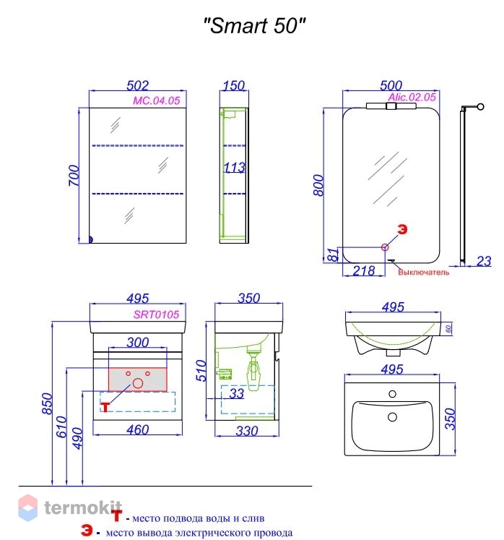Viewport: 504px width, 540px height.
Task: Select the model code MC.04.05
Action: pos(156,100)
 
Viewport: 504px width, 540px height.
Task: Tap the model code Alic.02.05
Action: pos(412,97)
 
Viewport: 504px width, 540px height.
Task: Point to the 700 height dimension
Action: pos(73,176)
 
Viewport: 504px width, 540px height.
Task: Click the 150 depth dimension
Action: pos(235,85)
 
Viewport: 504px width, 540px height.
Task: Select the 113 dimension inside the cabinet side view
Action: pos(234,168)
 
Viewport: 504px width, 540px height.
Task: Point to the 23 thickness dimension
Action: pos(484,261)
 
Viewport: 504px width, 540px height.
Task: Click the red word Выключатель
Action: pos(424,273)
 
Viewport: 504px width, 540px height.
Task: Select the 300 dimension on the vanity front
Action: pos(138,342)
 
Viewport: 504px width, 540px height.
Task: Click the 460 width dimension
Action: pos(138,430)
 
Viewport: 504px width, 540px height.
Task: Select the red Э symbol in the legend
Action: pos(86,533)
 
